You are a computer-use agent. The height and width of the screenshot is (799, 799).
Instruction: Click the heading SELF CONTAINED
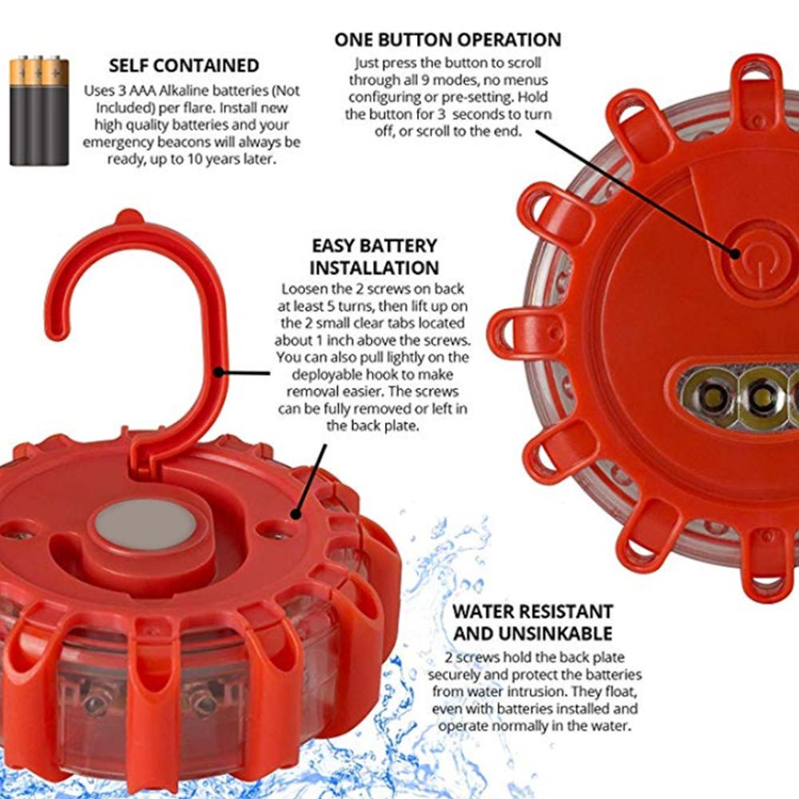[184, 66]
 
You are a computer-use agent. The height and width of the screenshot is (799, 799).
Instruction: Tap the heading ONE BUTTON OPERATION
[447, 40]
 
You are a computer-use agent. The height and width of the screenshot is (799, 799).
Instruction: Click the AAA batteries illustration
[38, 110]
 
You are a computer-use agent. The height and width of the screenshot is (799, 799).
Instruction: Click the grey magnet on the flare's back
[145, 524]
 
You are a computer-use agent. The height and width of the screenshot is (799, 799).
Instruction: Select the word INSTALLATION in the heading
[374, 268]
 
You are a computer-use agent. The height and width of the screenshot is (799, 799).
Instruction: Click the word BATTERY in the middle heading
[400, 245]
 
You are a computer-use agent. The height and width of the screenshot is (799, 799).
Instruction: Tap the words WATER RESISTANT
[532, 611]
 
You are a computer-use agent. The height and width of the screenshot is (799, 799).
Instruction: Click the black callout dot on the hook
[219, 372]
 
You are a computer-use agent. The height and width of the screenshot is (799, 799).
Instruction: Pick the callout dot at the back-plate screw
[296, 514]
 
